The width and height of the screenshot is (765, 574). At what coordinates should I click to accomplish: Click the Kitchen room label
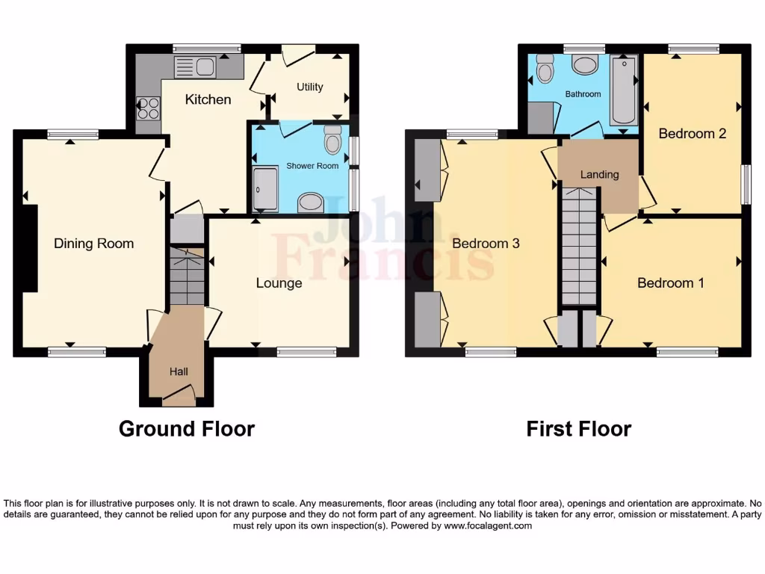tap(208, 99)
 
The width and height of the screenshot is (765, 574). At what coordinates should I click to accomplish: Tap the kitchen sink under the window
tap(194, 67)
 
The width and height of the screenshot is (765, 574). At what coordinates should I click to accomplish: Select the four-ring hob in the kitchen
tap(149, 109)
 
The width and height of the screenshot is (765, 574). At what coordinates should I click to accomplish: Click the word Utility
tap(309, 87)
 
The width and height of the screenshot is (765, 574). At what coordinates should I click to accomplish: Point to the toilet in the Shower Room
tap(332, 139)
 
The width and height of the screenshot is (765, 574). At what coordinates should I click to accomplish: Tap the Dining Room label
tap(93, 243)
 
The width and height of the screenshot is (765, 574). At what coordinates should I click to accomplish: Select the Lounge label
tap(279, 283)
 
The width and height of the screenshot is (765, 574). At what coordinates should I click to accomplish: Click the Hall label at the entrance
tap(178, 371)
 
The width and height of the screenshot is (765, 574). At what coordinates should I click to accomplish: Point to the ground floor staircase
tap(187, 277)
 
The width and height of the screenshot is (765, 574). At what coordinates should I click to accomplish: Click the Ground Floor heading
tap(187, 428)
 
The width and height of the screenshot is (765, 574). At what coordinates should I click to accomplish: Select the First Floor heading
tap(578, 428)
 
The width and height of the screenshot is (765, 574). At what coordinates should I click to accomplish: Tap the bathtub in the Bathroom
tap(623, 90)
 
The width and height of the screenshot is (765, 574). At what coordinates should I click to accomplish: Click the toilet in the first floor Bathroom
tap(545, 70)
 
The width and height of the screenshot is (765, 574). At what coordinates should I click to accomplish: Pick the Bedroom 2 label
tap(692, 134)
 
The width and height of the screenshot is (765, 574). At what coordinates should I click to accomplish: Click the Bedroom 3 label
tap(486, 243)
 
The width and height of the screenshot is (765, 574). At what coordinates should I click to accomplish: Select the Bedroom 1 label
tap(670, 283)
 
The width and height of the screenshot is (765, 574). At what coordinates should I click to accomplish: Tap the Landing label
tap(600, 174)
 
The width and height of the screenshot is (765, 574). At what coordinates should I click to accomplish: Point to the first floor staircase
tap(580, 247)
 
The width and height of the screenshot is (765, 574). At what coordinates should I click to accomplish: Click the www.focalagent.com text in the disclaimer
tap(488, 525)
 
